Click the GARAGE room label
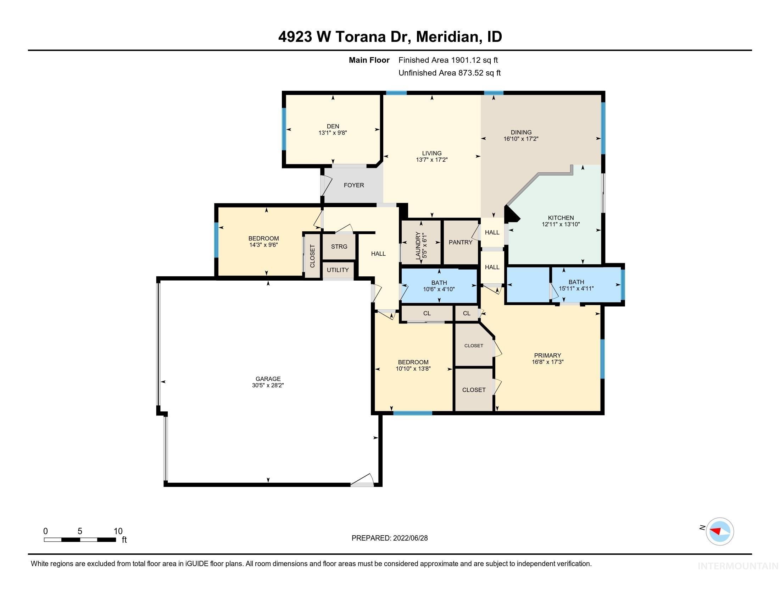tap(268, 379)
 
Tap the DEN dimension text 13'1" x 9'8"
tap(333, 133)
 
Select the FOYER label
tap(353, 185)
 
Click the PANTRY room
tap(460, 242)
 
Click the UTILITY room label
tap(338, 270)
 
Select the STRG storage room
tap(339, 247)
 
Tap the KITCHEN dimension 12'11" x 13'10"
tap(561, 224)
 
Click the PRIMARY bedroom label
tap(547, 355)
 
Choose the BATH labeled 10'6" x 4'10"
tap(439, 286)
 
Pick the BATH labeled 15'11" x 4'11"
tap(576, 285)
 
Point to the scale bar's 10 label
tap(118, 531)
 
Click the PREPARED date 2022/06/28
tap(409, 538)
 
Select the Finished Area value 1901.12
tap(466, 60)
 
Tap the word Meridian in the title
tap(447, 37)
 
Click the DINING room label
tap(521, 132)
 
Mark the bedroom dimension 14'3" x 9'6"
tap(263, 245)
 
